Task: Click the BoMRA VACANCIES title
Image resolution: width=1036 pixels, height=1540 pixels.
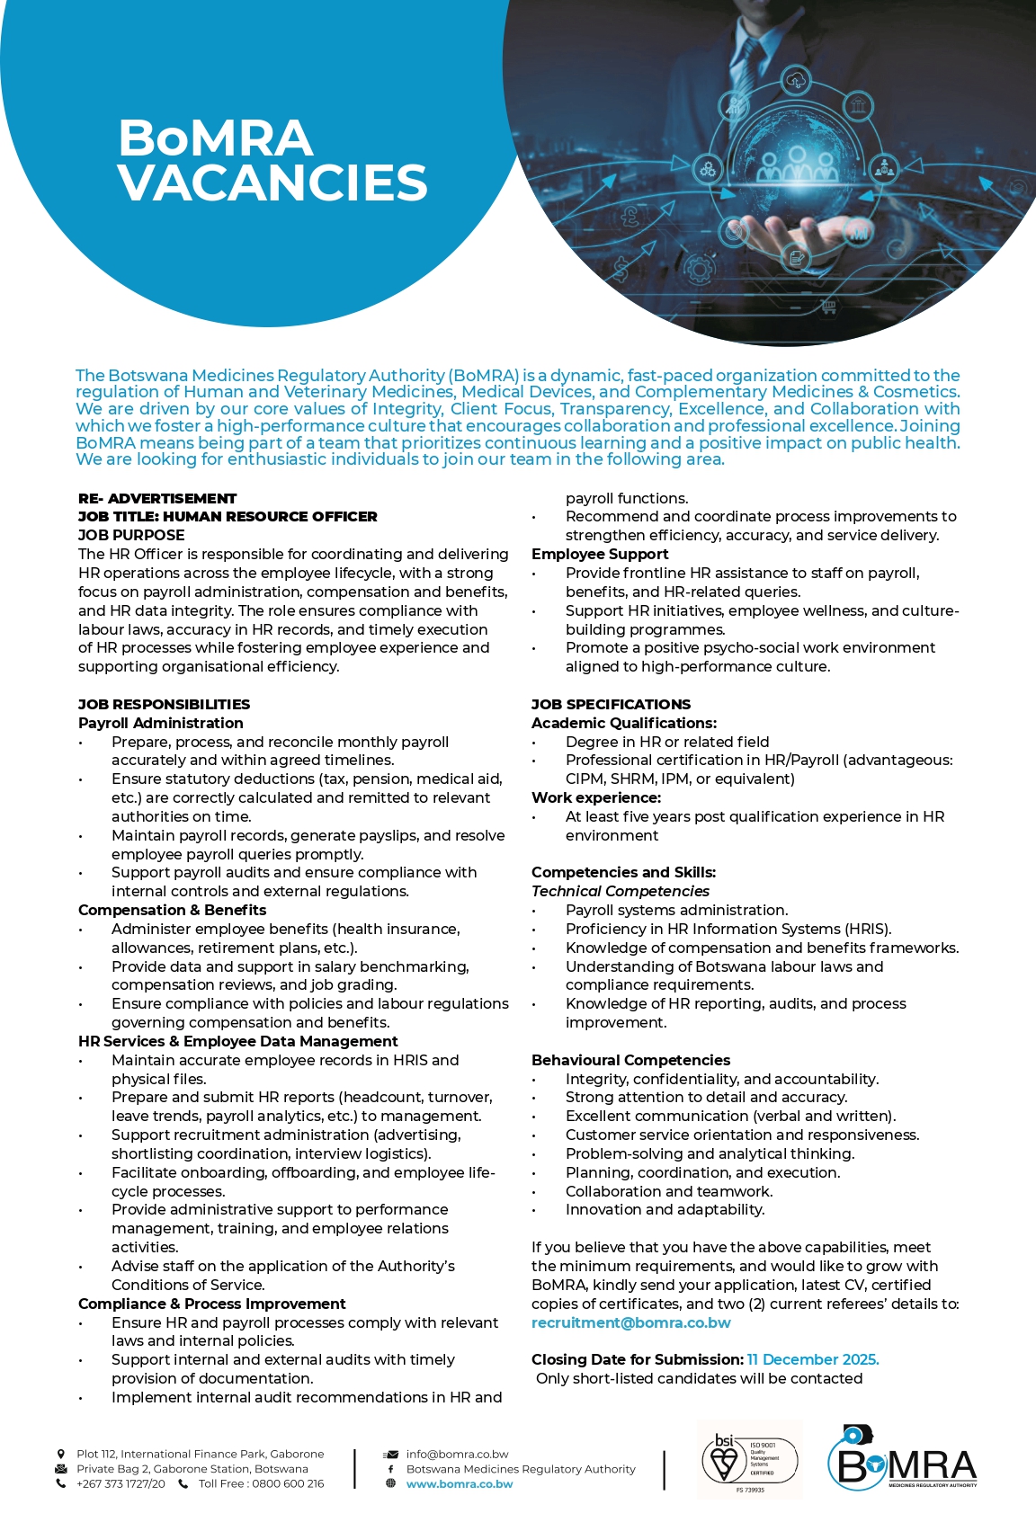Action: [x=272, y=160]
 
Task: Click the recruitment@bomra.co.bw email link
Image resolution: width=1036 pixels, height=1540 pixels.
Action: [x=630, y=1322]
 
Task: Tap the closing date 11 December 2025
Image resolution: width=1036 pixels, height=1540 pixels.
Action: [x=813, y=1359]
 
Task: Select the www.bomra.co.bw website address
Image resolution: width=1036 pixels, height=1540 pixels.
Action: [x=460, y=1484]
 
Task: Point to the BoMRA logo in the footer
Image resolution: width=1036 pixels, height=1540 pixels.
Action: [x=902, y=1458]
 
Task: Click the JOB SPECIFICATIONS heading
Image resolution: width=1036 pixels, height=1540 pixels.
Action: [x=611, y=704]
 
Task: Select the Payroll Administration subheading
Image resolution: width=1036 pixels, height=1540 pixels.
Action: [x=160, y=723]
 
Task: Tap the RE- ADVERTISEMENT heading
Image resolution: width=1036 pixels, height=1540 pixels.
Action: [x=157, y=498]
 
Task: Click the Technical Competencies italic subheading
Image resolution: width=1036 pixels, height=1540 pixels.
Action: [x=620, y=891]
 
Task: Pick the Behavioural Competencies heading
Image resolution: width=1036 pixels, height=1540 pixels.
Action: [x=630, y=1060]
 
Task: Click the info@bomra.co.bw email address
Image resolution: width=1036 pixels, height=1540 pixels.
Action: [x=457, y=1454]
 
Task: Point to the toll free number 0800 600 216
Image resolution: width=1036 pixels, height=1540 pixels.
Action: [x=261, y=1483]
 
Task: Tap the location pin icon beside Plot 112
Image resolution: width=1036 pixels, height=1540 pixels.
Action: [x=61, y=1454]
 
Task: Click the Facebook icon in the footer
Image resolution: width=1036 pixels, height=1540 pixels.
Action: [x=390, y=1469]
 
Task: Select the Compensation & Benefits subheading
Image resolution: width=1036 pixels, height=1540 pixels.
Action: [x=172, y=910]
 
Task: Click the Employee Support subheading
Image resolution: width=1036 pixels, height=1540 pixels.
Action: [x=600, y=554]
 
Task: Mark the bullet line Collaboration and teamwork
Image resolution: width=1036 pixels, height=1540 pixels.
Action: [x=668, y=1191]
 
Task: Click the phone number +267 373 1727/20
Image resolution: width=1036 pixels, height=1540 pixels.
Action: [x=121, y=1483]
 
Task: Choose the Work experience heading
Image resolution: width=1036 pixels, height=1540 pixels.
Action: [x=595, y=797]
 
